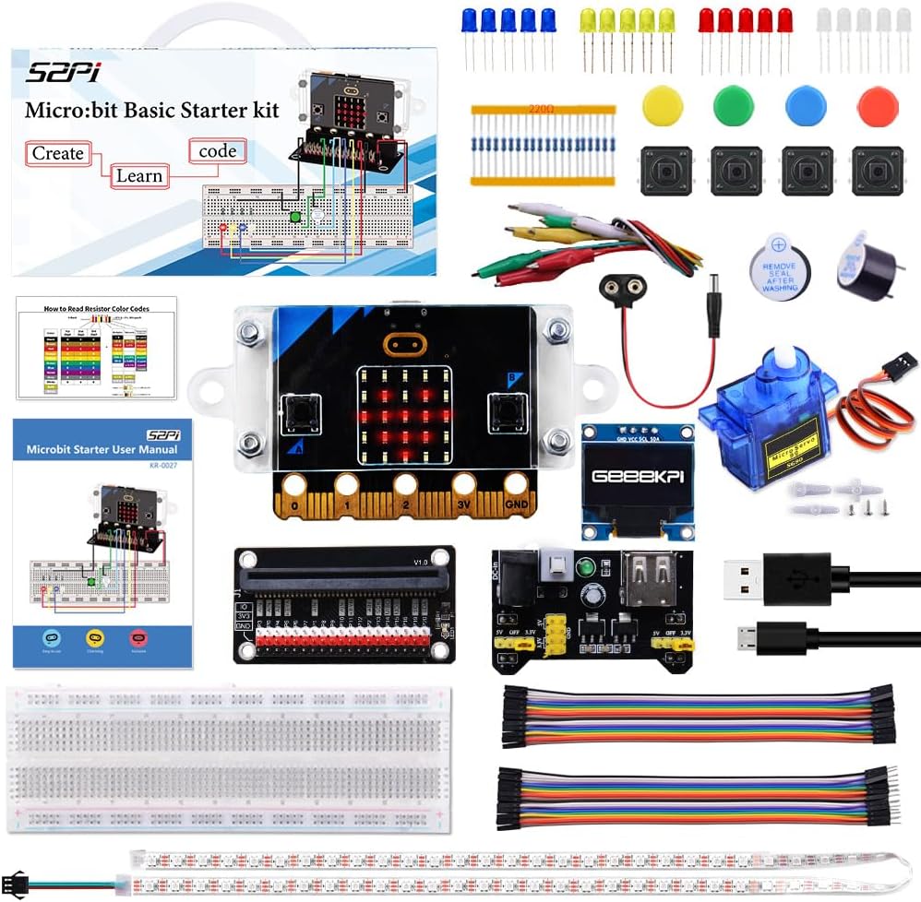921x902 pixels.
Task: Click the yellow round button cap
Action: [662, 106]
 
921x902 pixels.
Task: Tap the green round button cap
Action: [734, 106]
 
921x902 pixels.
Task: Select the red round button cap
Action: [877, 106]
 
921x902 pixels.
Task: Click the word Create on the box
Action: [58, 153]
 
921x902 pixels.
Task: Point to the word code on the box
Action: [217, 150]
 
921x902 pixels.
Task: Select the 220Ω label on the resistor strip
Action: [542, 109]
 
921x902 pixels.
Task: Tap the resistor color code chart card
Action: [96, 348]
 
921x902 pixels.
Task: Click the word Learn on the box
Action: [138, 175]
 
